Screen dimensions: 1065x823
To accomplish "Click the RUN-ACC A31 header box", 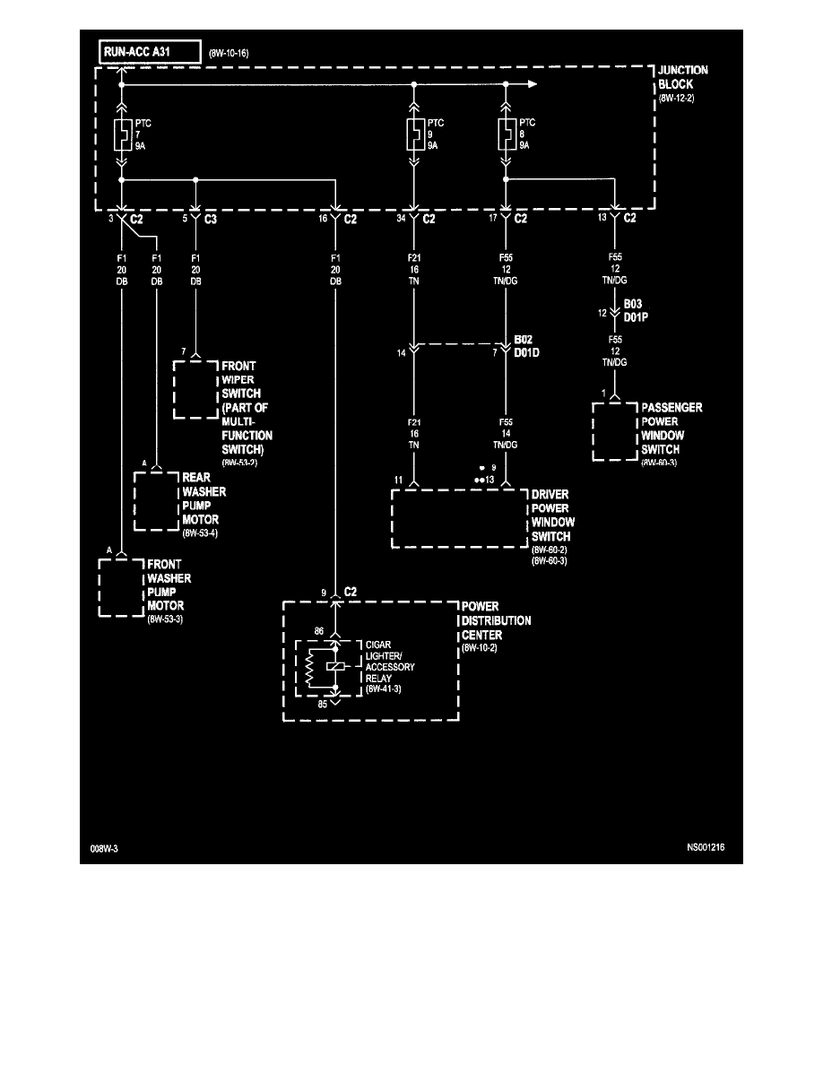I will pyautogui.click(x=148, y=52).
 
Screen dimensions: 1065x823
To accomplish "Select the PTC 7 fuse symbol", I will pyautogui.click(x=122, y=134).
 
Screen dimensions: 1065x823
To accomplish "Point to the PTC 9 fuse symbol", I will pyautogui.click(x=413, y=134).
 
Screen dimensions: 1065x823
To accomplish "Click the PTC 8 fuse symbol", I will pyautogui.click(x=506, y=134).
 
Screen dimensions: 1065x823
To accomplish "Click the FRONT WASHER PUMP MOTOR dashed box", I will pyautogui.click(x=121, y=586).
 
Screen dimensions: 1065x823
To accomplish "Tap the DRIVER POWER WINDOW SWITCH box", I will pyautogui.click(x=458, y=518).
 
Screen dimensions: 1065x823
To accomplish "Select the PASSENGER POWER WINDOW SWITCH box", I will pyautogui.click(x=615, y=431).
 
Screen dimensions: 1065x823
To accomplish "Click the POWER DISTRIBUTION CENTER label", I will pyautogui.click(x=495, y=620).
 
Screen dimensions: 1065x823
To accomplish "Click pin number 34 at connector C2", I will pyautogui.click(x=401, y=218).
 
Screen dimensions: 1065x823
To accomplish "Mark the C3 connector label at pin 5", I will pyautogui.click(x=211, y=218).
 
